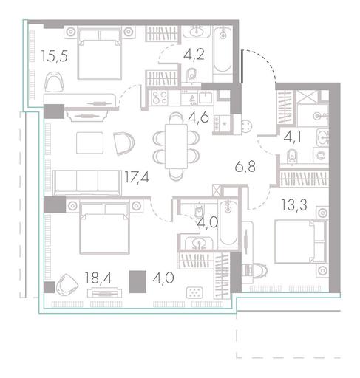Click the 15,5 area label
tap(54, 56)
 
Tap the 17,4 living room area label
tap(137, 177)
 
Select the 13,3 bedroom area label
tap(294, 205)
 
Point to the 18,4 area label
tap(98, 278)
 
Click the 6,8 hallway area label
tap(245, 167)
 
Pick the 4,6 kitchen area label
tap(198, 117)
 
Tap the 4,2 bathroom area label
tap(194, 54)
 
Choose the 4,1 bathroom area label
tap(293, 137)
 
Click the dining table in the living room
tap(176, 146)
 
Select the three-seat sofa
tap(87, 182)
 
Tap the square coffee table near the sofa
tap(89, 142)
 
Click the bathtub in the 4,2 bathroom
tap(223, 50)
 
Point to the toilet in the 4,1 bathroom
tap(293, 157)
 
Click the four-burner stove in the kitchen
tap(160, 97)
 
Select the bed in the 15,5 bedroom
tap(100, 54)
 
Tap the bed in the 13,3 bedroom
tap(301, 241)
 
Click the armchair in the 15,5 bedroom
tap(54, 82)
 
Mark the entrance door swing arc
tap(264, 61)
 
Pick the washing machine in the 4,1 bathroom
tap(321, 155)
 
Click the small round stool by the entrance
tap(247, 126)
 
